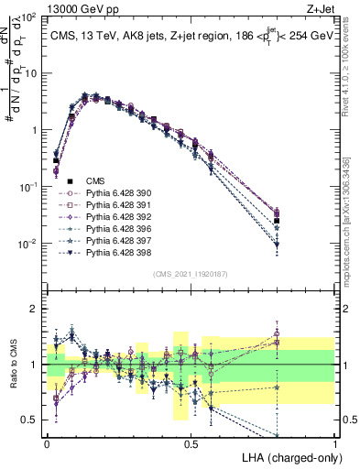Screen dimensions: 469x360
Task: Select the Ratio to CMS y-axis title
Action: coord(12,365)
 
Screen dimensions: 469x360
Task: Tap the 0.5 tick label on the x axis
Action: coord(191,443)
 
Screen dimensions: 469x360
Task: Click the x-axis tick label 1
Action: coord(334,443)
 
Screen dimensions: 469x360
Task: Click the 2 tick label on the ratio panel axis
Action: coord(35,309)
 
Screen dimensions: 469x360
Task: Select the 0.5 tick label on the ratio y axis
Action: coord(31,420)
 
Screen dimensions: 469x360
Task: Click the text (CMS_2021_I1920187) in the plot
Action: coord(191,274)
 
